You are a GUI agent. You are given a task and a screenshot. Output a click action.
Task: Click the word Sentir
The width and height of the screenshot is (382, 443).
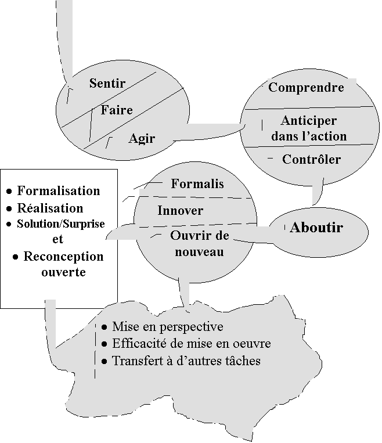click(x=107, y=83)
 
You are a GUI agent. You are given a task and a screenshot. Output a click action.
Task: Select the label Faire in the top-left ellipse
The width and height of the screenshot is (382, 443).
click(x=117, y=110)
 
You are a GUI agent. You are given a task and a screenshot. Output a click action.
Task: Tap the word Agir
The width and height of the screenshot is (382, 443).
click(x=142, y=139)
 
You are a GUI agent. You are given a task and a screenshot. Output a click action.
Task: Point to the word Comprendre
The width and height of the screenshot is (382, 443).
click(x=306, y=88)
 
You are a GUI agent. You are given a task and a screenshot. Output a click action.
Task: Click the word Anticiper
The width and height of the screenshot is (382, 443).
click(x=308, y=121)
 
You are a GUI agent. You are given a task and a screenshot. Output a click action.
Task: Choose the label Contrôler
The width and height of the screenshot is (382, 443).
click(x=311, y=159)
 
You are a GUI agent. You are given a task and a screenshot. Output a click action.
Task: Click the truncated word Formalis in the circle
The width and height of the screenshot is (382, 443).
click(x=197, y=184)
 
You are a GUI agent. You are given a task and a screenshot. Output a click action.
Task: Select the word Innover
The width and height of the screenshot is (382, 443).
click(x=180, y=210)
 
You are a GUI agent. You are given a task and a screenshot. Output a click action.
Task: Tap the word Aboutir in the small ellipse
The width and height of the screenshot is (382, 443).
click(x=316, y=228)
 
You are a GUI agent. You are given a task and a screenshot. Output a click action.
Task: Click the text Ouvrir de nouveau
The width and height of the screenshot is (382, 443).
click(x=200, y=244)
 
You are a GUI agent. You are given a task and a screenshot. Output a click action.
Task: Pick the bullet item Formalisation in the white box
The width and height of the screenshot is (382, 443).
click(x=59, y=190)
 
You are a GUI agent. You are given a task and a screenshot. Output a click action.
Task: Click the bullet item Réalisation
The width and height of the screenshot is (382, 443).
click(x=50, y=208)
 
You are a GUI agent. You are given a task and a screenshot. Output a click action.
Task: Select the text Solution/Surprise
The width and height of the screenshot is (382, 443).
click(x=61, y=224)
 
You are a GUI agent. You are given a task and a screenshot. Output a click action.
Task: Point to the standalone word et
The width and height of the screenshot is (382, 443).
click(x=57, y=239)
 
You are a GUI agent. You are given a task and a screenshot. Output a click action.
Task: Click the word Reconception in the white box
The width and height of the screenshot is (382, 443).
click(x=63, y=256)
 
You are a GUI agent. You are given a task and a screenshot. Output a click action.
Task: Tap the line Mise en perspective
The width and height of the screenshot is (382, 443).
click(x=168, y=327)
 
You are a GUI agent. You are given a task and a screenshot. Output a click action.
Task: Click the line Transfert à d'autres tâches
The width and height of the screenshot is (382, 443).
click(x=186, y=361)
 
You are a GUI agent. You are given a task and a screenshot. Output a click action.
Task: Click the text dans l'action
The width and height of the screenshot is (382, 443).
click(x=309, y=136)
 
